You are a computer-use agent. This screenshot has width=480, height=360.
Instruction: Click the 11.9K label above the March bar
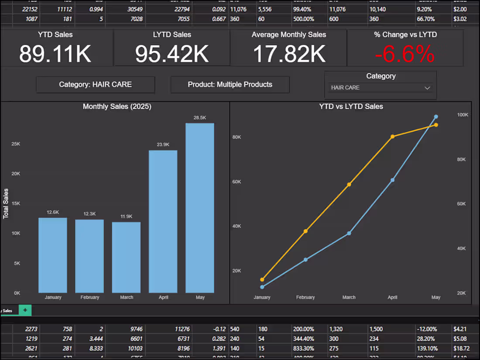(126, 216)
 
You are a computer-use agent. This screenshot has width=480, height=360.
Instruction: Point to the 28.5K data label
(200, 117)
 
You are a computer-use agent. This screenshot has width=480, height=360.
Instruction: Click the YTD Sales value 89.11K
(55, 54)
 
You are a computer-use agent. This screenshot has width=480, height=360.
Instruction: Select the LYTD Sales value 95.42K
(172, 54)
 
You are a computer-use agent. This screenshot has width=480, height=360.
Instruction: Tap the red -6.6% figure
(405, 55)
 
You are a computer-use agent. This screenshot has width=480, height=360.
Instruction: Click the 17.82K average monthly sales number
(289, 54)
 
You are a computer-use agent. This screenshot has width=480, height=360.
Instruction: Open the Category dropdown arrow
(427, 88)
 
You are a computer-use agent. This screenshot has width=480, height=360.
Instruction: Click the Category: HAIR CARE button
(95, 85)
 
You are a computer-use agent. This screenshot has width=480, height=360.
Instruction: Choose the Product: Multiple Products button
(230, 85)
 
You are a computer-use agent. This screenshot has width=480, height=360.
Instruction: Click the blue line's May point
(436, 117)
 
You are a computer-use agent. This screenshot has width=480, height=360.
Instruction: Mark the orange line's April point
(392, 137)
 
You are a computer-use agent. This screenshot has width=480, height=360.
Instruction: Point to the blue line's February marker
(305, 260)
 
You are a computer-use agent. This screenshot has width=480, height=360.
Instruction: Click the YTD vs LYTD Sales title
(351, 106)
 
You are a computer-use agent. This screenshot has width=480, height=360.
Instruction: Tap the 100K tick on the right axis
(463, 115)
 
